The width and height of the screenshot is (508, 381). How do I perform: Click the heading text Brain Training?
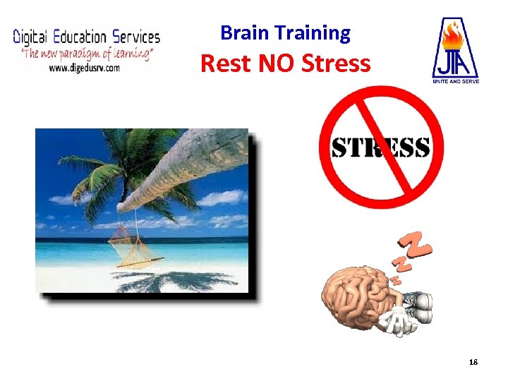tap(285, 32)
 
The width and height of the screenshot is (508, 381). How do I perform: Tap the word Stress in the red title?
tap(335, 64)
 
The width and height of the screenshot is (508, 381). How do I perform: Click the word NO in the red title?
tap(277, 64)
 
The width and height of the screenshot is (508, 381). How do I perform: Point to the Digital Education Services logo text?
tap(87, 37)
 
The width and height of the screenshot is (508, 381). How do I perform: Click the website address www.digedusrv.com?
tap(84, 68)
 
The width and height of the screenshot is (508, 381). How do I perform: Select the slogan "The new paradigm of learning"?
tap(85, 53)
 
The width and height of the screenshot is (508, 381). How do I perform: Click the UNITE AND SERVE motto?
tap(455, 82)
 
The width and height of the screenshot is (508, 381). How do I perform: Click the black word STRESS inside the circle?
tap(381, 148)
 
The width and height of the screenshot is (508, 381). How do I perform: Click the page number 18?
tap(473, 362)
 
